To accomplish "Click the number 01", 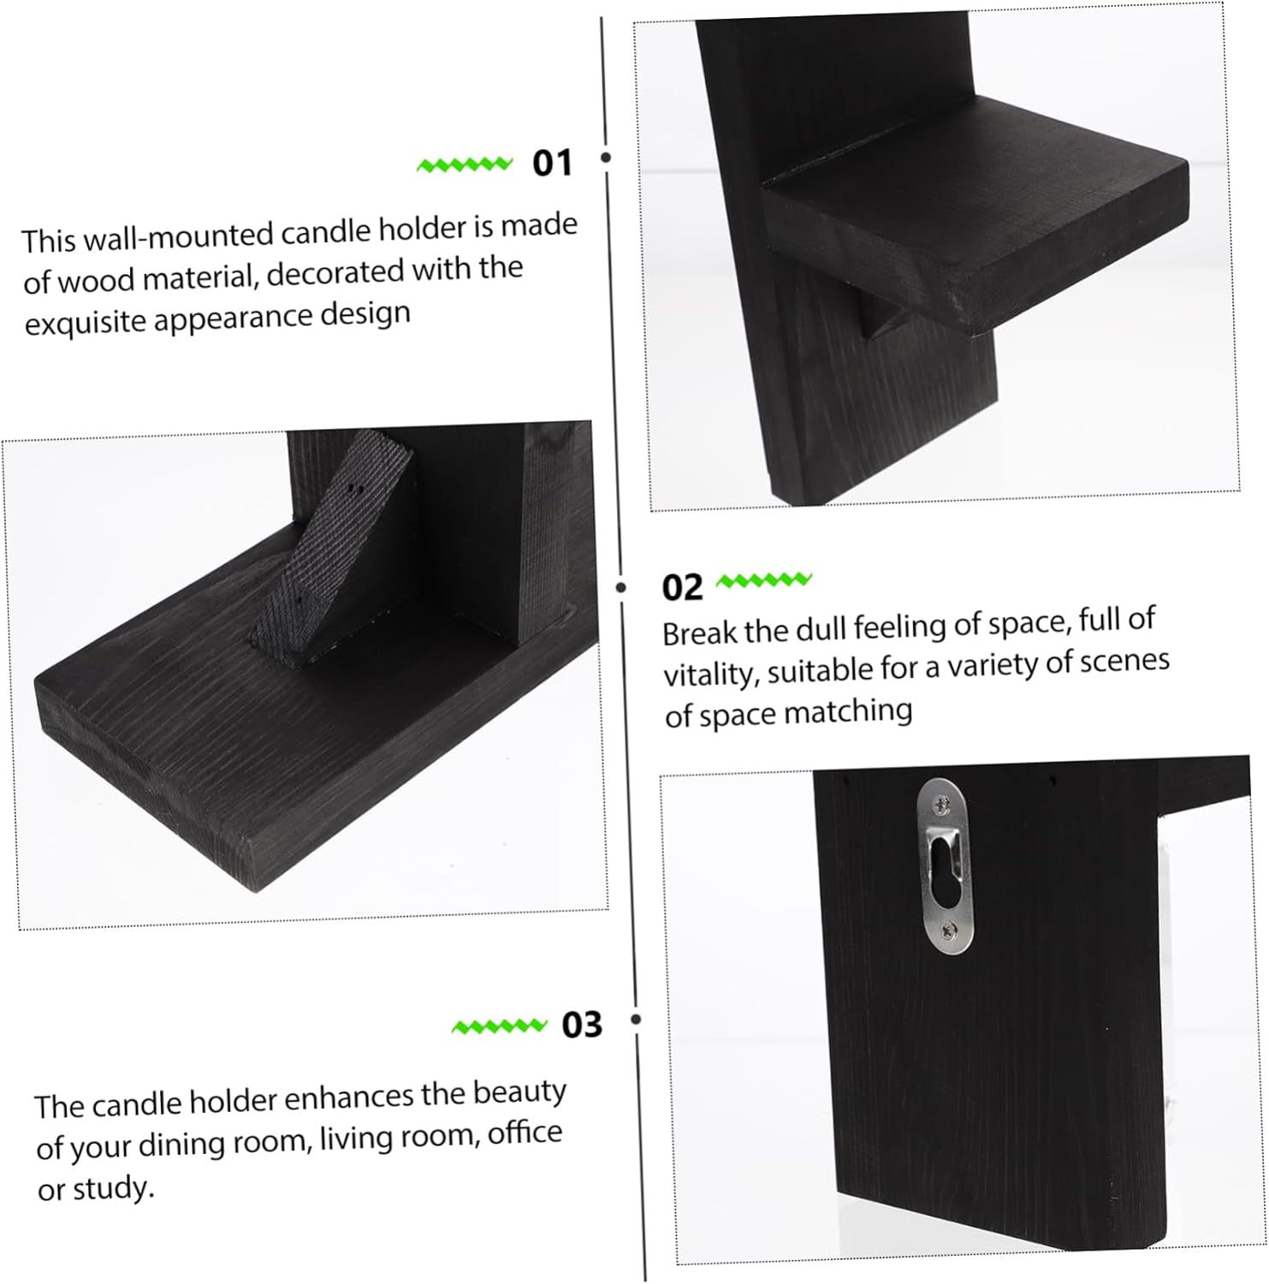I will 551,162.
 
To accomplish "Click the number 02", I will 682,587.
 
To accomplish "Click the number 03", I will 582,1024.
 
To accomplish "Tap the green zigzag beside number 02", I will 763,581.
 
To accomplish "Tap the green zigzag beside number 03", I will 499,1025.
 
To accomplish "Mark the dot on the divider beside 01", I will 606,158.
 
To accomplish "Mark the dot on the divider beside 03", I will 636,1019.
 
